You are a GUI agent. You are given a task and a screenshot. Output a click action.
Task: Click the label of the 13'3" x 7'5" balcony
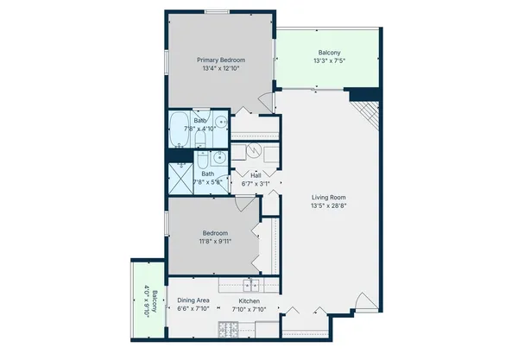coord(329,53)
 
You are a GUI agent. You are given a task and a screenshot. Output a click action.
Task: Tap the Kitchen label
coord(251,300)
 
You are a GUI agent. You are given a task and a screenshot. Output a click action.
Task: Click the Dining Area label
coord(193,300)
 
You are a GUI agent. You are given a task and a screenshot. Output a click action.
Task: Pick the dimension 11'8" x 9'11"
coord(215,242)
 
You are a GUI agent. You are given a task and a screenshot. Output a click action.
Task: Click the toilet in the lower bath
coord(201,160)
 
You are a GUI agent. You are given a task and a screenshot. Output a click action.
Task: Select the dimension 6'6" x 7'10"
coord(193,309)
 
